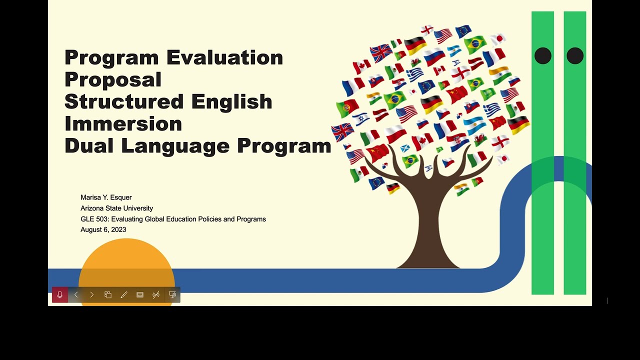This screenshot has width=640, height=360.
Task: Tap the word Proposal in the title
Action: [x=113, y=79]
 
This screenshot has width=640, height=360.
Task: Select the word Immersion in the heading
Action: [x=123, y=123]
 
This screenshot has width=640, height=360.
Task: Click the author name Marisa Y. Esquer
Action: [x=106, y=197]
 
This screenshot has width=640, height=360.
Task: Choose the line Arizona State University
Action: [x=116, y=208]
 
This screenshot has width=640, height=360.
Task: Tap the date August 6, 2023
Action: [x=103, y=229]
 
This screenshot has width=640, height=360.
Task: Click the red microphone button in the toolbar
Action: [x=60, y=295]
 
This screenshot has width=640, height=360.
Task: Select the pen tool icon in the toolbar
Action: [x=124, y=295]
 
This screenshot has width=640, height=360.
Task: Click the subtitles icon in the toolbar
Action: [x=140, y=295]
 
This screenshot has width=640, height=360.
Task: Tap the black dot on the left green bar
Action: [x=542, y=56]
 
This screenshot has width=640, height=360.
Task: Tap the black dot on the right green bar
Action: [x=575, y=56]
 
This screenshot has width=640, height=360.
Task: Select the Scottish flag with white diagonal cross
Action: [x=405, y=148]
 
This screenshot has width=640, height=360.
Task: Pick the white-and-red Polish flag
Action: [x=395, y=134]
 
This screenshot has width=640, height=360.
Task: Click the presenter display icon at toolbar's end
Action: [x=172, y=295]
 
